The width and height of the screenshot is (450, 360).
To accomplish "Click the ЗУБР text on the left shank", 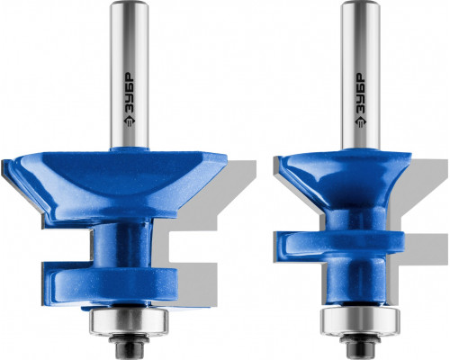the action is (x=130, y=92).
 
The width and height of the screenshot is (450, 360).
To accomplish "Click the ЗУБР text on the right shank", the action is (x=360, y=92).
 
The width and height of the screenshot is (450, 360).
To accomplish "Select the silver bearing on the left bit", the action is (x=129, y=321).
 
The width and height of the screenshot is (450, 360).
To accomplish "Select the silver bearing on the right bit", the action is (x=360, y=321).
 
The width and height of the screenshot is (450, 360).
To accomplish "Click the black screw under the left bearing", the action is (x=129, y=345).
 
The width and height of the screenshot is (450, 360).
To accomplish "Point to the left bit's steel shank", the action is (x=130, y=75).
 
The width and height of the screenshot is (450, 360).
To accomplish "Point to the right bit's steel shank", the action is (x=361, y=75).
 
